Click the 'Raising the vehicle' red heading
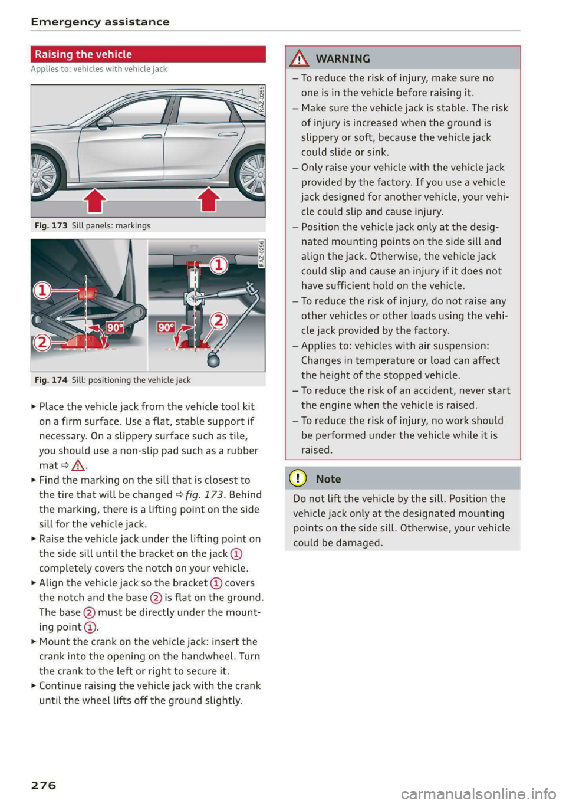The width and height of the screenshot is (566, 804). click(x=83, y=54)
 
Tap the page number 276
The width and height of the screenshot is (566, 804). click(x=44, y=785)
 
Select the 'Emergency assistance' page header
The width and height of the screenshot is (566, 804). click(x=100, y=22)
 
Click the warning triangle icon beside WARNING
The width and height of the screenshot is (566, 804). click(x=300, y=58)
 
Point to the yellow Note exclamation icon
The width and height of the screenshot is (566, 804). click(x=298, y=479)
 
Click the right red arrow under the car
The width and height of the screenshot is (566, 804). click(x=209, y=199)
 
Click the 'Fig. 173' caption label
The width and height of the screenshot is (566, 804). click(x=51, y=225)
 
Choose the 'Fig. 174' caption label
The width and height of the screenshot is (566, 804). click(x=51, y=380)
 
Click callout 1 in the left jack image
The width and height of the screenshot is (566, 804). click(x=42, y=290)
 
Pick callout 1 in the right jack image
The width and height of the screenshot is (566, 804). click(x=219, y=265)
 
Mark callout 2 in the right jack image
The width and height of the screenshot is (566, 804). click(x=219, y=320)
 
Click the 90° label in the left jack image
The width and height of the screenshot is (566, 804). click(x=114, y=327)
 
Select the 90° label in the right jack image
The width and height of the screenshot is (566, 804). click(x=166, y=327)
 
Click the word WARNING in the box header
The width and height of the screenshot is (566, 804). click(x=343, y=58)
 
